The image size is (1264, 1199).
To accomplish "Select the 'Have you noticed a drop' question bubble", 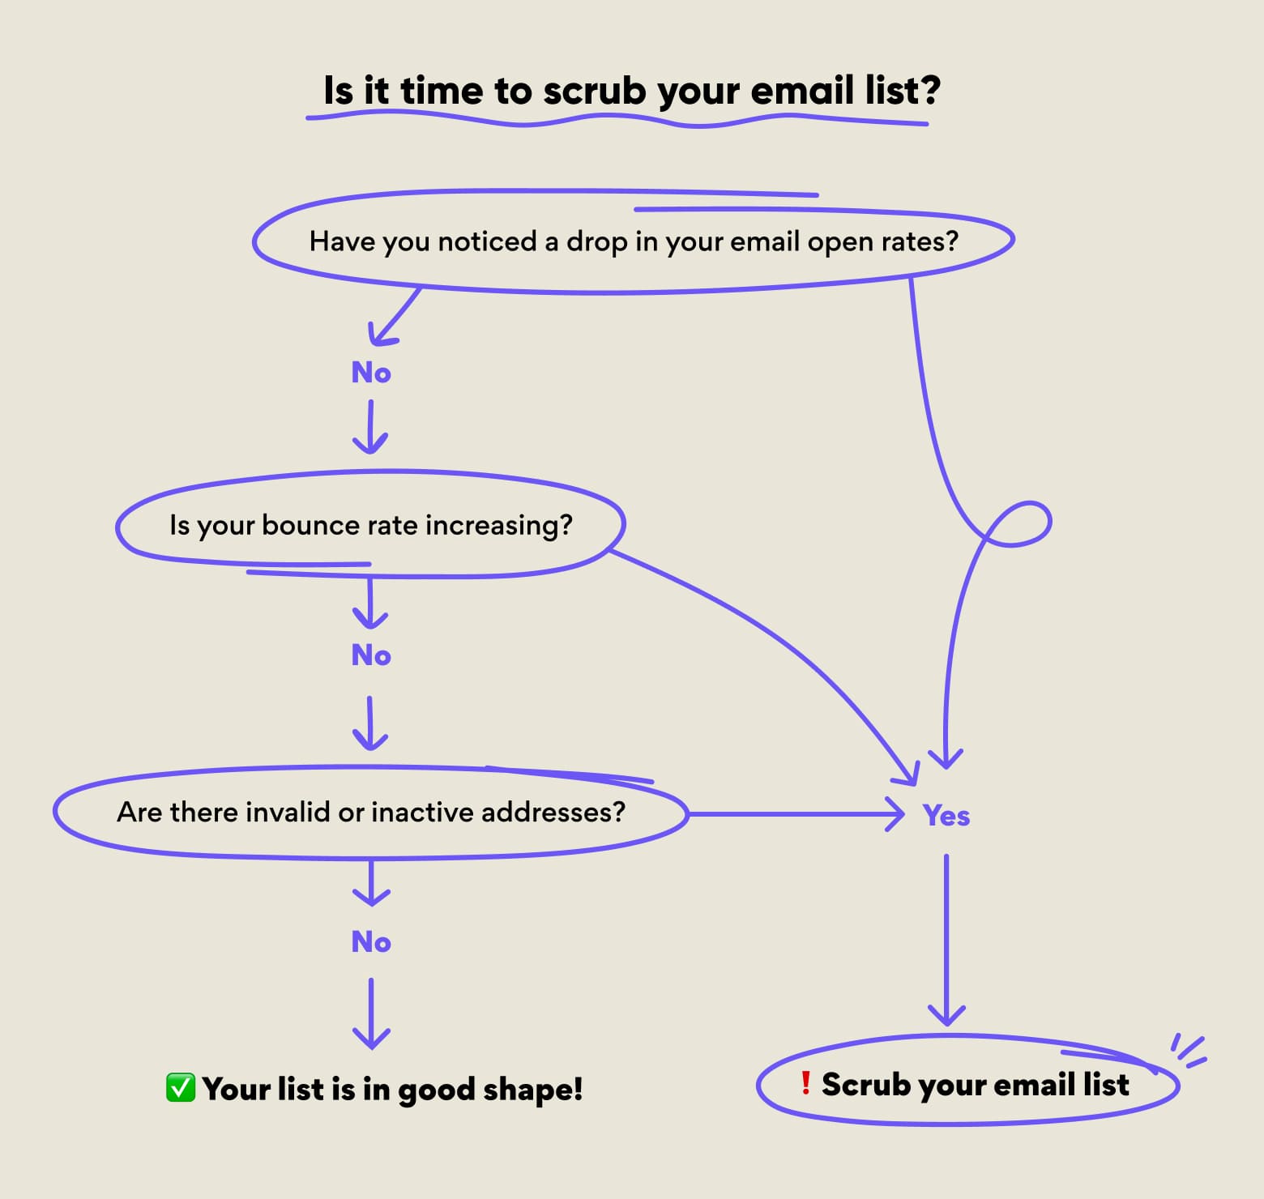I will pos(633,241).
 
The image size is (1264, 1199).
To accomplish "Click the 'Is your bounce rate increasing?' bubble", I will pos(370,525).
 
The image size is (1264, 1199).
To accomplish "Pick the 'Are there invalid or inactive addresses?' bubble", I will pos(370,812).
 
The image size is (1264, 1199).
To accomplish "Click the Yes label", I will pos(946,816).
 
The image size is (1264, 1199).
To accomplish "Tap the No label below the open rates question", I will pos(371,373).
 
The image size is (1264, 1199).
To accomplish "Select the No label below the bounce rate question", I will pos(371,655).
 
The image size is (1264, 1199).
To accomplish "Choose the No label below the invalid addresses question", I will pos(371,941).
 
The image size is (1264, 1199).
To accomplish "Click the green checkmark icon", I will pos(180,1088).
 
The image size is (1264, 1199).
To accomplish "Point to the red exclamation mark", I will pos(805,1082).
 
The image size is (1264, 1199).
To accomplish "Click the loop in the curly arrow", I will pos(1019,523).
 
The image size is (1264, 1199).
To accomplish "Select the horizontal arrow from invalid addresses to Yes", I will pos(794,813).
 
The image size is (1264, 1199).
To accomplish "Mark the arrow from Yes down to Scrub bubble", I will pos(946,940).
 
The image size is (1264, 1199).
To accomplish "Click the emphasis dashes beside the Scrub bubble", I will pos(1189,1050).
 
